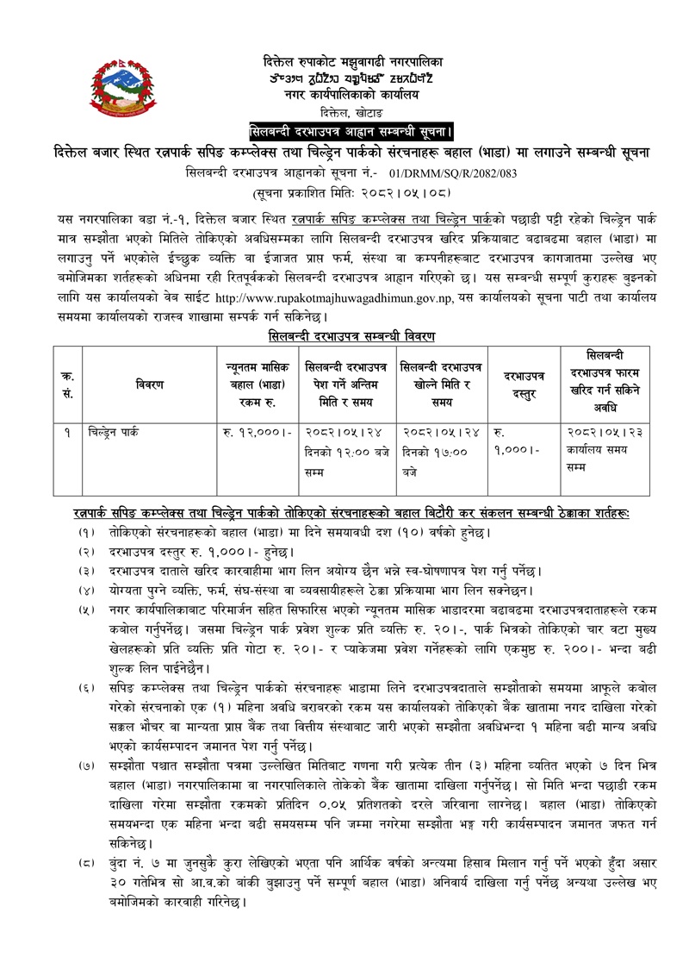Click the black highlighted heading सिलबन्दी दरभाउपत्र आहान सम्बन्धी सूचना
(x=351, y=132)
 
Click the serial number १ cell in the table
(x=65, y=430)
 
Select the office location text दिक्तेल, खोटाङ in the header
(x=351, y=112)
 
